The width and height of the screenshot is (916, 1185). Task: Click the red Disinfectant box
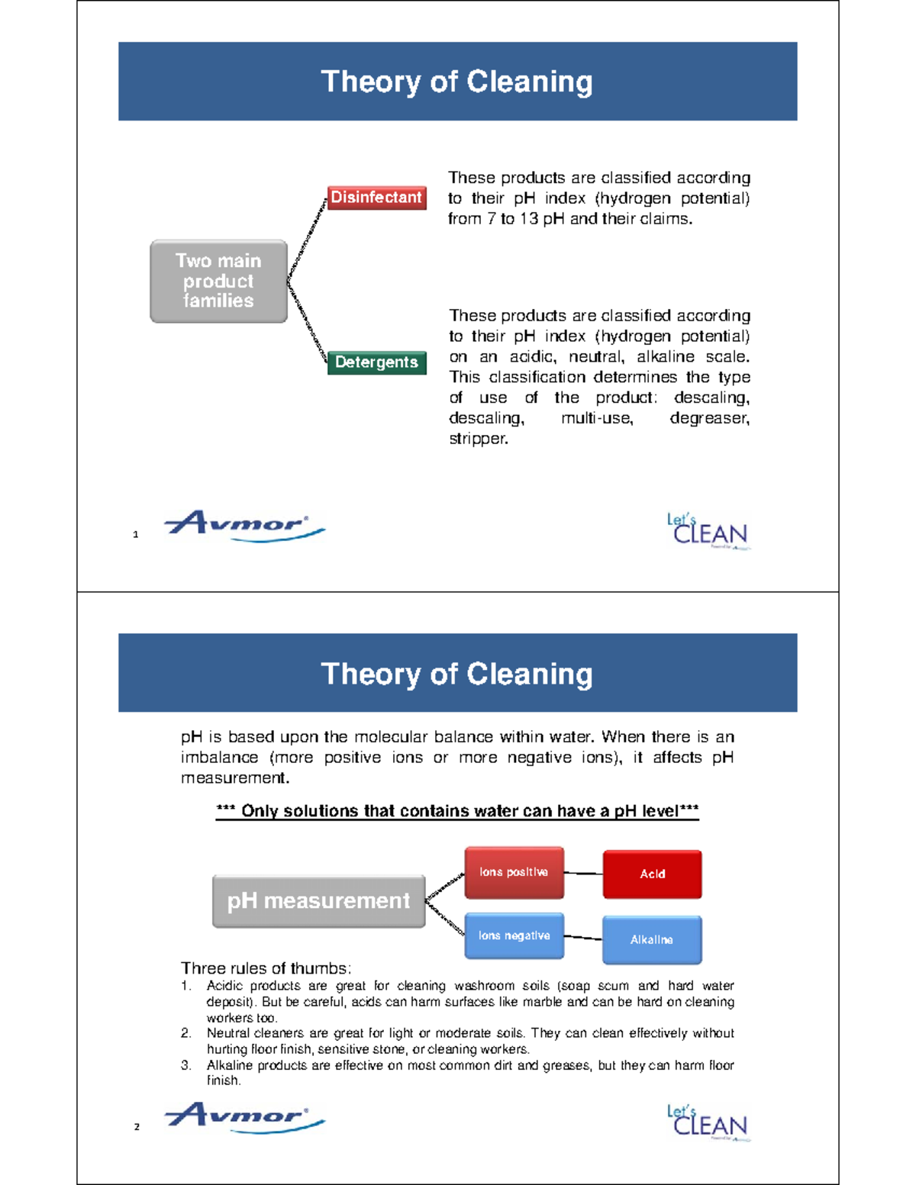click(376, 198)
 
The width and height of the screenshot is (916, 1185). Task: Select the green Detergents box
click(376, 362)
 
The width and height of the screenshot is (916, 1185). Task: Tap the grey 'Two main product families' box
click(218, 281)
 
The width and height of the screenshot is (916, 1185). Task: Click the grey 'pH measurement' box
click(318, 901)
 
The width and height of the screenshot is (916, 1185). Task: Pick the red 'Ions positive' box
click(514, 872)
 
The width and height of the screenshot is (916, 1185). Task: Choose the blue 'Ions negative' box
click(514, 935)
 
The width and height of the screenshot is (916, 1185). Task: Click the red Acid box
click(652, 874)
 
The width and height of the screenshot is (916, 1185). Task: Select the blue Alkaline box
click(651, 939)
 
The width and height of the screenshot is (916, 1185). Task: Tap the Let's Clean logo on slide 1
click(708, 531)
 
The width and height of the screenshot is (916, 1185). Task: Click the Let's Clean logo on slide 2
click(708, 1122)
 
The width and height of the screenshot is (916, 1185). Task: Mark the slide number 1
click(136, 534)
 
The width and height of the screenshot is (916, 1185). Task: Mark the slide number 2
click(137, 1126)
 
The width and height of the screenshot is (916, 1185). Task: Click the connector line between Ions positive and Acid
click(583, 873)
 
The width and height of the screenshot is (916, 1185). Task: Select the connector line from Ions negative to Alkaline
click(583, 937)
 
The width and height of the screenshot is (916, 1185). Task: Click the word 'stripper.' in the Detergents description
click(478, 439)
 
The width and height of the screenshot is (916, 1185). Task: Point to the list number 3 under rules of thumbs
click(185, 1065)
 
